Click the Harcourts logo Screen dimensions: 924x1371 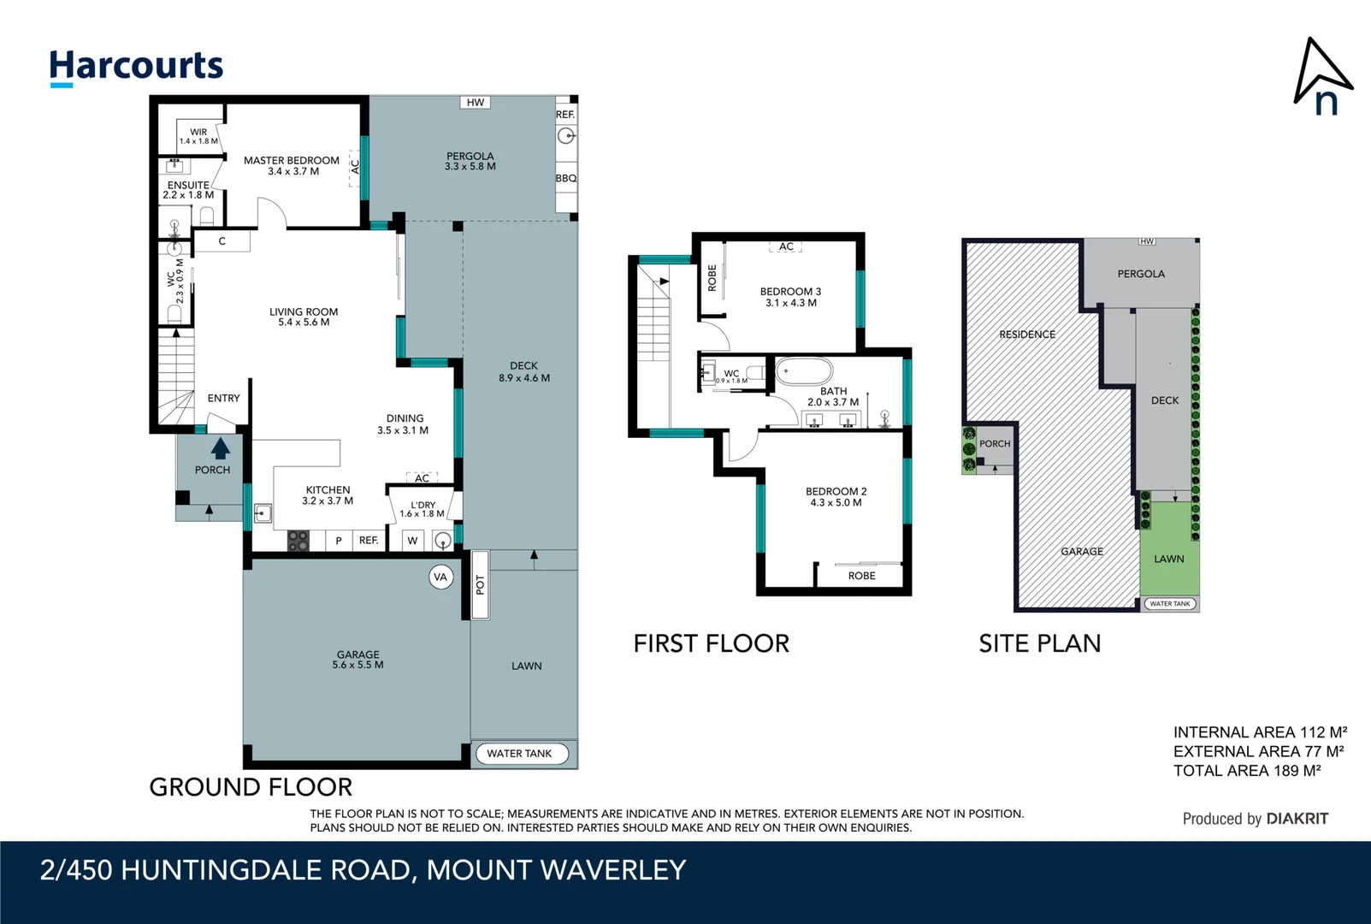click(x=136, y=67)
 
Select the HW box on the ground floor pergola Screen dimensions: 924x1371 click(x=476, y=103)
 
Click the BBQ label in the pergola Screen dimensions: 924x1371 click(x=565, y=178)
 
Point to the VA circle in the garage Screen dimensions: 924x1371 click(x=440, y=577)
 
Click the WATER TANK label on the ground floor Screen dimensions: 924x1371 click(x=519, y=754)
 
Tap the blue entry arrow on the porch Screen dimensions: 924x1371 click(x=220, y=448)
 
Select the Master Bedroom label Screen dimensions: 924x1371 click(x=292, y=165)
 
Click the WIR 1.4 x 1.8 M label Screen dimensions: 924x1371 click(x=198, y=137)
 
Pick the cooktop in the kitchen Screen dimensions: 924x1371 click(x=297, y=541)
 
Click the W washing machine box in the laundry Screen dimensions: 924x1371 click(x=412, y=541)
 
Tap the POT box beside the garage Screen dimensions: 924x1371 click(x=480, y=585)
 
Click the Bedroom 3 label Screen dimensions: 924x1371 click(x=790, y=297)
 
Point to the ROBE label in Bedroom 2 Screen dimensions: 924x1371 click(x=861, y=576)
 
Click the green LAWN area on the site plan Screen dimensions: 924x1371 click(x=1168, y=548)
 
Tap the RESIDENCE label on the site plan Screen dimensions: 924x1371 click(x=1027, y=335)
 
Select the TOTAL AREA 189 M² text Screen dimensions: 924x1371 click(x=1246, y=771)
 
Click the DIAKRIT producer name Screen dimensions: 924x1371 click(x=1297, y=819)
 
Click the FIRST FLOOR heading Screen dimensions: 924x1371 click(x=711, y=643)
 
